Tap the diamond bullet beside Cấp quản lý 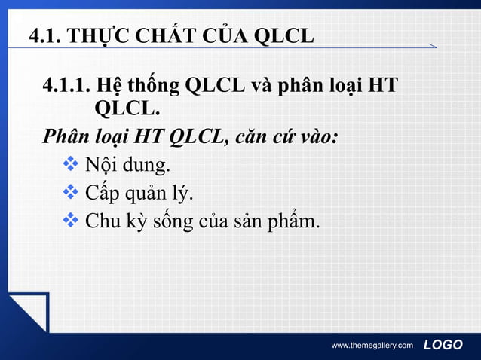click(71, 194)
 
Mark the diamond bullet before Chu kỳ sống click(71, 221)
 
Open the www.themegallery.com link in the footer click(372, 346)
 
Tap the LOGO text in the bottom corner click(443, 345)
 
